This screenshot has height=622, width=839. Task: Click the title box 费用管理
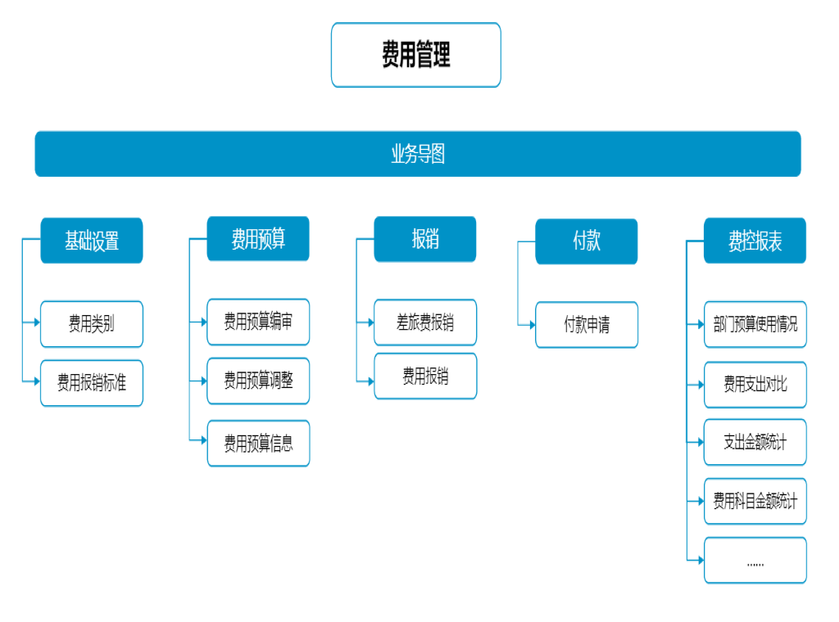pyautogui.click(x=415, y=55)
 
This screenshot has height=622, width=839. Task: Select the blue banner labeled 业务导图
pyautogui.click(x=417, y=154)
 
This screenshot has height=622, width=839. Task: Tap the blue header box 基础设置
pyautogui.click(x=92, y=241)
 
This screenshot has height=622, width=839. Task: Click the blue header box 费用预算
pyautogui.click(x=258, y=239)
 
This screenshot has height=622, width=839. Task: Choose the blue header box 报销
pyautogui.click(x=424, y=239)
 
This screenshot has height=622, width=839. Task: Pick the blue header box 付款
pyautogui.click(x=586, y=241)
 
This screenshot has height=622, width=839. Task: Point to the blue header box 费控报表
pyautogui.click(x=755, y=241)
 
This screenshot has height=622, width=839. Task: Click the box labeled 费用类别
pyautogui.click(x=92, y=324)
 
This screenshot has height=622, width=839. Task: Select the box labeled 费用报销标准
pyautogui.click(x=92, y=383)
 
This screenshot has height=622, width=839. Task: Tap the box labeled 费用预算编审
pyautogui.click(x=258, y=322)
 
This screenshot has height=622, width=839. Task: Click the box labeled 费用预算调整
pyautogui.click(x=258, y=381)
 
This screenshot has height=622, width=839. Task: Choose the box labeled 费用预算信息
pyautogui.click(x=258, y=443)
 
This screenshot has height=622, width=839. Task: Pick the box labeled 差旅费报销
pyautogui.click(x=425, y=322)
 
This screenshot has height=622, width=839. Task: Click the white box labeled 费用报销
pyautogui.click(x=425, y=376)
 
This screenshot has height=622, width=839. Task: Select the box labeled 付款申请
pyautogui.click(x=587, y=325)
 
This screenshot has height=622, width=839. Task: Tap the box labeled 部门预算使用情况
pyautogui.click(x=755, y=325)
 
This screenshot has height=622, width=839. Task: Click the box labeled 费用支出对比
pyautogui.click(x=755, y=385)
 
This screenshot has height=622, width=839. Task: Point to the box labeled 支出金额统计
pyautogui.click(x=755, y=442)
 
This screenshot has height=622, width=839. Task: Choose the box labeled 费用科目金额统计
pyautogui.click(x=755, y=501)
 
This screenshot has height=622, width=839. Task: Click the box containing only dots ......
pyautogui.click(x=755, y=561)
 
